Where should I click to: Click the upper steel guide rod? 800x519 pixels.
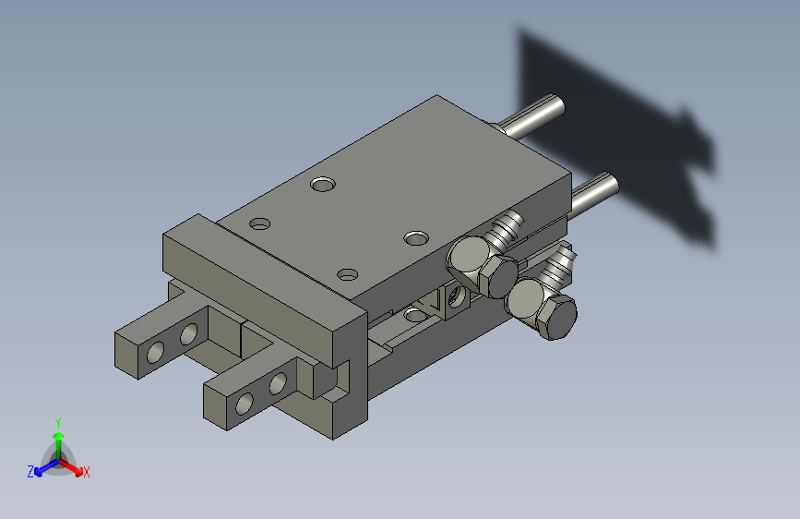[x=535, y=116]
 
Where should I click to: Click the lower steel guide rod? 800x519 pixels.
[x=596, y=190]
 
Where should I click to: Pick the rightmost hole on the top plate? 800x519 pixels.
[x=416, y=237]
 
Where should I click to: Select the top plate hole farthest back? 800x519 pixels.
[x=323, y=185]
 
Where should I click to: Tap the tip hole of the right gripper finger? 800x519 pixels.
[x=245, y=403]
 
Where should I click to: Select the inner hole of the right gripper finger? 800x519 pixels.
[x=277, y=381]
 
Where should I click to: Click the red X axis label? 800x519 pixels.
[x=86, y=472]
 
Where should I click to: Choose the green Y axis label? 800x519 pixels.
[x=57, y=420]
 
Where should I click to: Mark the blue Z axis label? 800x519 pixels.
[x=30, y=472]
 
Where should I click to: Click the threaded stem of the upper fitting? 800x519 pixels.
[x=506, y=231]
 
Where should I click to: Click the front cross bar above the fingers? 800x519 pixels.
[x=258, y=286]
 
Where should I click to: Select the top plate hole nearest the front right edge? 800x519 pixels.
[x=348, y=274]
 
